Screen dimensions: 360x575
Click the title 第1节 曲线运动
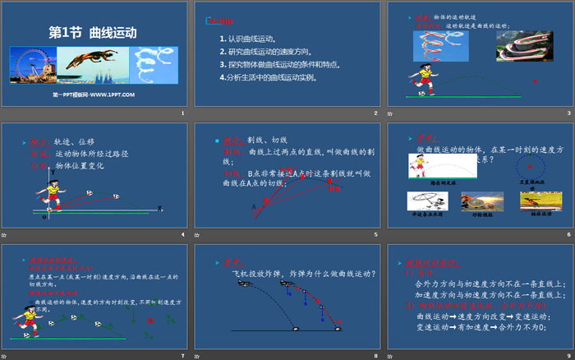coord(93,33)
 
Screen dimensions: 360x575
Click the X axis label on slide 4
coord(159,209)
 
